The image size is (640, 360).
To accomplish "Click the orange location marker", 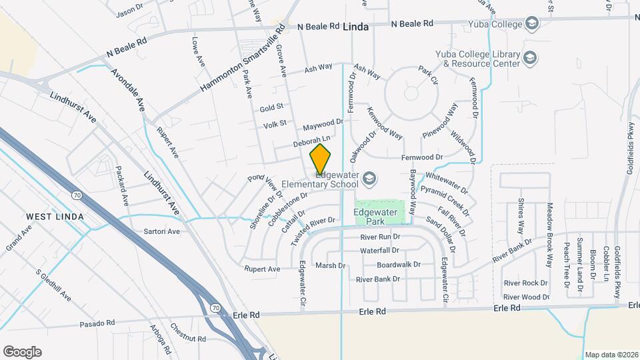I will point(320,159).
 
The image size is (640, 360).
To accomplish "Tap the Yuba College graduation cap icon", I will point(531,25).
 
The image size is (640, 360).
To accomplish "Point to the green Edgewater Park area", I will point(380,212).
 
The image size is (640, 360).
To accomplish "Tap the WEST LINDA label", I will point(55,217).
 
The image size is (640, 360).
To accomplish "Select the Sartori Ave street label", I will point(162,232).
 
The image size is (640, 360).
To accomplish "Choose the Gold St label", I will point(272,107).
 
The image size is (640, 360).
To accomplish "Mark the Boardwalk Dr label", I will point(399,265).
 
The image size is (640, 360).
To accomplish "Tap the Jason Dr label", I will point(129,12).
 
